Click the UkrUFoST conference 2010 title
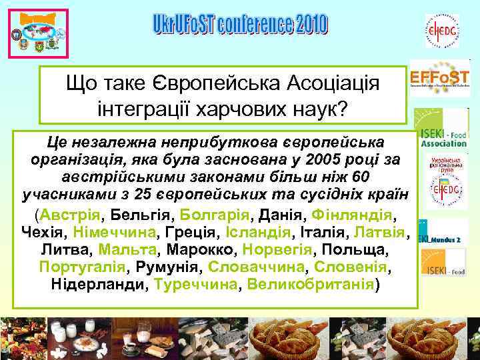[x=239, y=25]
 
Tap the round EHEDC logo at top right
[x=442, y=31]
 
